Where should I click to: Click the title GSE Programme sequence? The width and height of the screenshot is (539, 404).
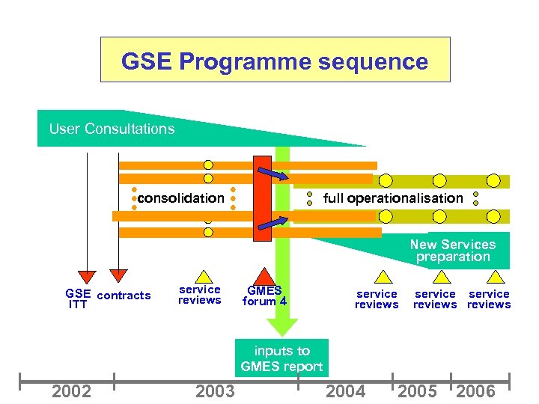[275, 61]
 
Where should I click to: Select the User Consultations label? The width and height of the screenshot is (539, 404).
[112, 129]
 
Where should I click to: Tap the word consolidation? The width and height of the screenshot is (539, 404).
[180, 198]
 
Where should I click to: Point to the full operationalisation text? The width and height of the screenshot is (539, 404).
[393, 198]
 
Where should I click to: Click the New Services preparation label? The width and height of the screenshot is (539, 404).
[452, 251]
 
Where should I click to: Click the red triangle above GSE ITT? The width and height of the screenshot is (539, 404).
[88, 276]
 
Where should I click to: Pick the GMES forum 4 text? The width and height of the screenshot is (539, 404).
[264, 296]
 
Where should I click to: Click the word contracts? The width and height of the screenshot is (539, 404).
[124, 296]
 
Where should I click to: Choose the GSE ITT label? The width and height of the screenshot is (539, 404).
[78, 299]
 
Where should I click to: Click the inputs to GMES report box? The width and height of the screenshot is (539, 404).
[281, 358]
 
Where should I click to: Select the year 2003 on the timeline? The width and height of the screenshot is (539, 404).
[215, 391]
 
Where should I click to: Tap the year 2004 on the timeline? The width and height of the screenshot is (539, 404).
[346, 391]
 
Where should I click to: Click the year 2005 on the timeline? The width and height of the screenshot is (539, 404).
[418, 391]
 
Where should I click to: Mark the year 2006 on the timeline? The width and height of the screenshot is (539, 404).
[475, 391]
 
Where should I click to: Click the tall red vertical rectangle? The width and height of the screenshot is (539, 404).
[262, 198]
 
